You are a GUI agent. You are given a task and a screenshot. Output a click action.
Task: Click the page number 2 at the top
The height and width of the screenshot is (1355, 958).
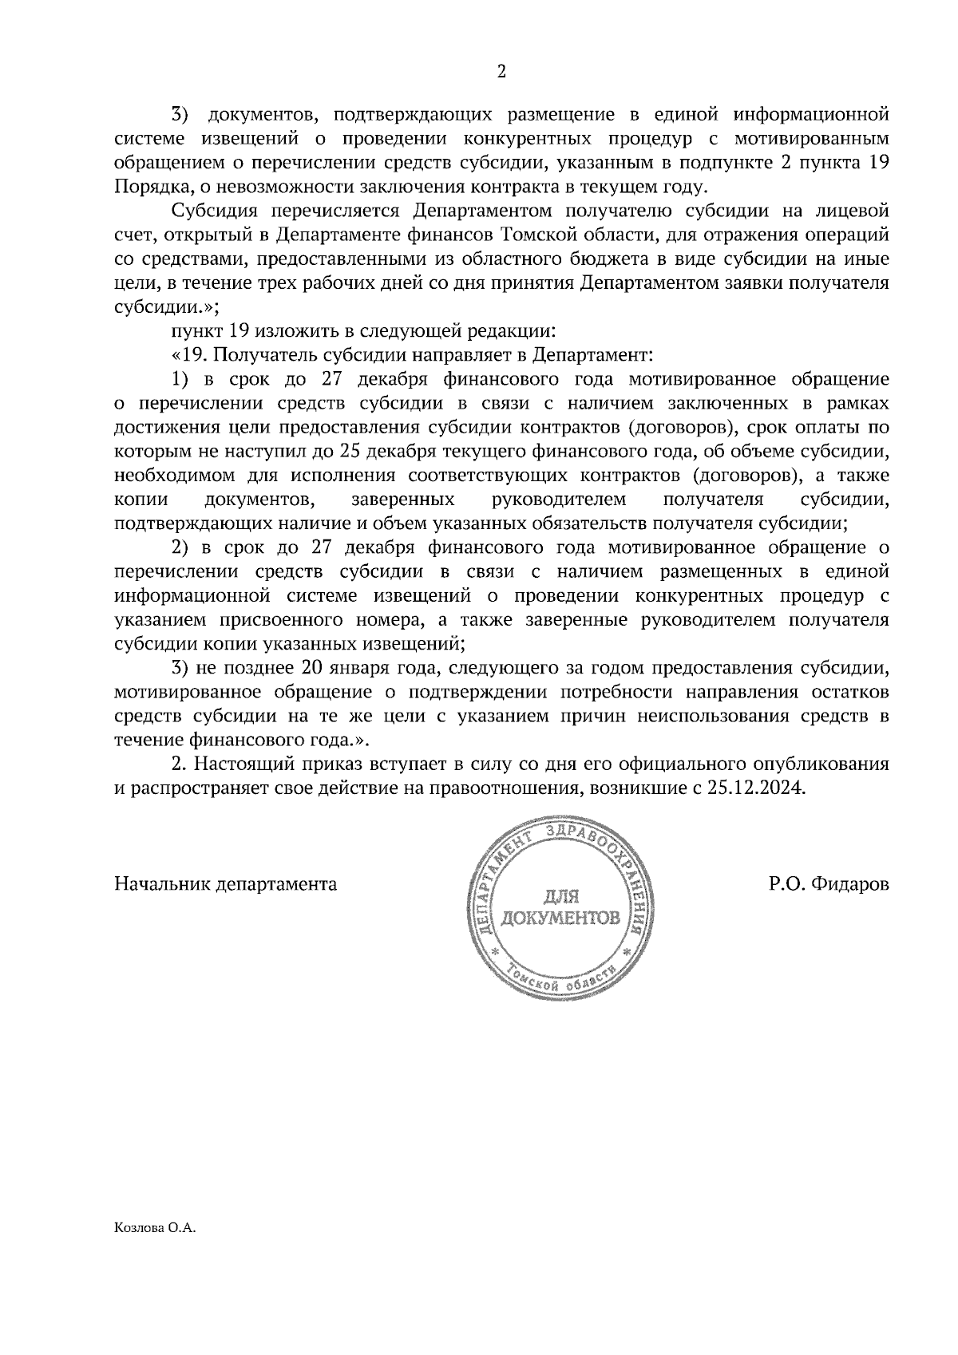pyautogui.click(x=501, y=72)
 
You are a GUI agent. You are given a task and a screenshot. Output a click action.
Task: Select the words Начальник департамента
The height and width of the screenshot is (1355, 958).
pyautogui.click(x=226, y=884)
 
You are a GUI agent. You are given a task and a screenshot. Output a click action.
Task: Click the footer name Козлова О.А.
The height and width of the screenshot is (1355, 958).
pyautogui.click(x=155, y=1229)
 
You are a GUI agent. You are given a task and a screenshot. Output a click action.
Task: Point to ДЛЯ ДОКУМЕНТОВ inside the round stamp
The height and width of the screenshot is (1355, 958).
pyautogui.click(x=559, y=907)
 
